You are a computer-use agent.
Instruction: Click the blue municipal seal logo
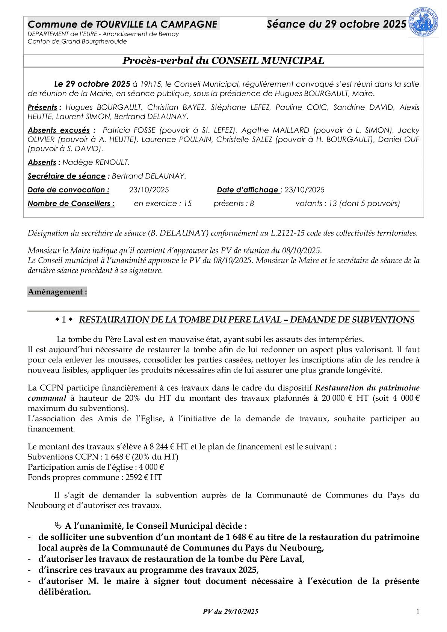[x=423, y=22]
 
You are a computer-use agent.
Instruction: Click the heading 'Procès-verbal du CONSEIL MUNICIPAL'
[x=223, y=61]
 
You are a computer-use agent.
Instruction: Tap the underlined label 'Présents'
[x=42, y=107]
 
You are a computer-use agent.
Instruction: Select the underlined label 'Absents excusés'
[x=59, y=130]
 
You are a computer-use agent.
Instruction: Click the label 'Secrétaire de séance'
[x=66, y=176]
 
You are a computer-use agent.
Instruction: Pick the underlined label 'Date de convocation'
[x=68, y=190]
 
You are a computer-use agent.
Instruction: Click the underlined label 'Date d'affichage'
[x=248, y=190]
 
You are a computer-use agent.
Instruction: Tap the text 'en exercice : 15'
[x=163, y=204]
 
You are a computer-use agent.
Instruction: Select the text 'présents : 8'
[x=234, y=204]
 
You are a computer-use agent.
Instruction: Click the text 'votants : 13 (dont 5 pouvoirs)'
[x=347, y=204]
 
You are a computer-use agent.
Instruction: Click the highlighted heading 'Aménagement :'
[x=57, y=292]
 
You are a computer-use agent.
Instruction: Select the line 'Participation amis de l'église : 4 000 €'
[x=96, y=467]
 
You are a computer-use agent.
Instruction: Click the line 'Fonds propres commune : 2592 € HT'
[x=95, y=477]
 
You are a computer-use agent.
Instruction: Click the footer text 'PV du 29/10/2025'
[x=230, y=612]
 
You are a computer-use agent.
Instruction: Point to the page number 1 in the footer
[x=417, y=612]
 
